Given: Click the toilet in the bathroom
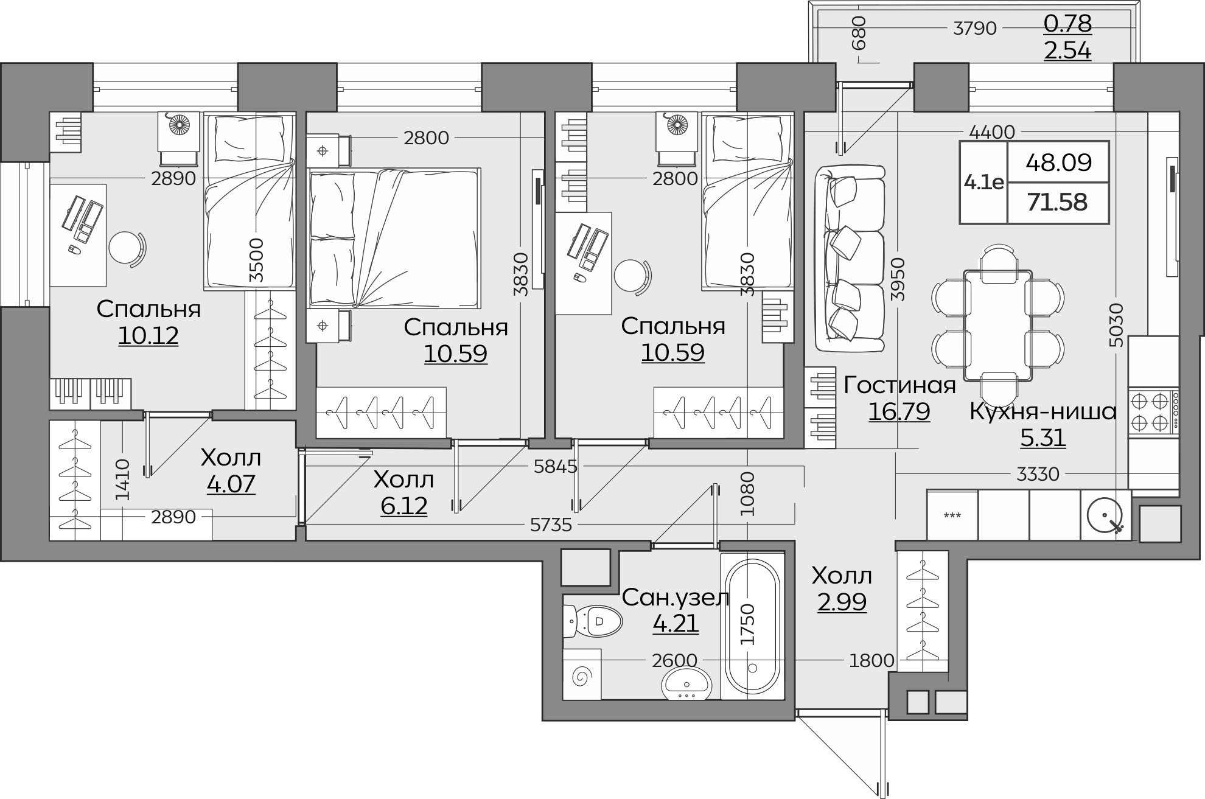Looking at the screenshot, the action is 593,621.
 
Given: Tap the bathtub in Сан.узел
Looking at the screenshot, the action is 752,626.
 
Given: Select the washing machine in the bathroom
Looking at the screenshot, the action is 582,675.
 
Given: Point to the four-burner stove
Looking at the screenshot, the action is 1154,411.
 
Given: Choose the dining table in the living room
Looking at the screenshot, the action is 998,326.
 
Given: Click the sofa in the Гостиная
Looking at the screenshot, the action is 850,259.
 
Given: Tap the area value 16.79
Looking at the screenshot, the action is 899,411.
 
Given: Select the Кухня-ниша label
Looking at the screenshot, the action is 1043,412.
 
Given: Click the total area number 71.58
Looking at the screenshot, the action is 1057,202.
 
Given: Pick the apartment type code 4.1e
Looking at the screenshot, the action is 983,181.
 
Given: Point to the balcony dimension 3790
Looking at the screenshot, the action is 975,28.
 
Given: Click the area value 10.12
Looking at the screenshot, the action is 148,335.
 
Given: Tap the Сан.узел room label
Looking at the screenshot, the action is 676,598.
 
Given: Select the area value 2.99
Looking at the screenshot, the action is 842,602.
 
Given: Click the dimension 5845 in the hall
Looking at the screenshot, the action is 555,467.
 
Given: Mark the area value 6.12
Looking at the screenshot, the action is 404,506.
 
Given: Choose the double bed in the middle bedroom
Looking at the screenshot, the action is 394,238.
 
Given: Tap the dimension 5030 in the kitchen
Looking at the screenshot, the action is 1116,325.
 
